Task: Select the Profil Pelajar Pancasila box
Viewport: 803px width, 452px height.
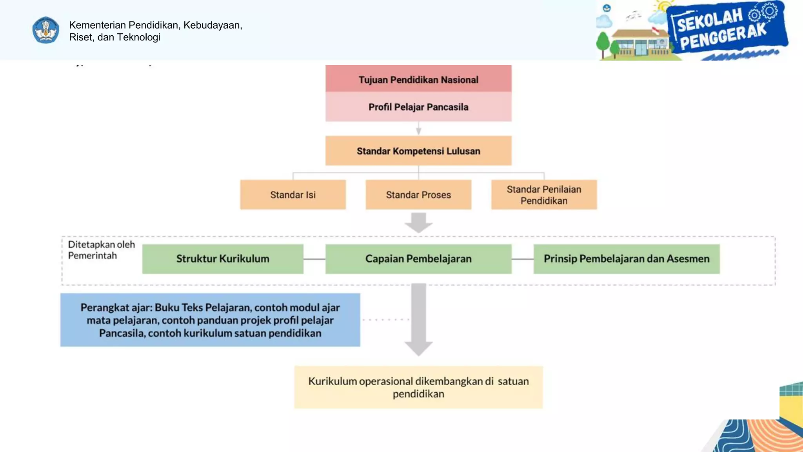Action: [x=418, y=107]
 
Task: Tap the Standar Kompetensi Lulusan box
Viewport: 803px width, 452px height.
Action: [x=418, y=151]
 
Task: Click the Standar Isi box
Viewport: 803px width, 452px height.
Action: [x=292, y=195]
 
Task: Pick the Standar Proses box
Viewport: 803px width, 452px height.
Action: [x=418, y=195]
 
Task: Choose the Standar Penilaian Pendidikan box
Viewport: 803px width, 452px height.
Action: [x=543, y=195]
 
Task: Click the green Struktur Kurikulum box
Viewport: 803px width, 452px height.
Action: [x=222, y=259]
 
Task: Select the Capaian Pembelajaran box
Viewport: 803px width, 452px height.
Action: [x=418, y=259]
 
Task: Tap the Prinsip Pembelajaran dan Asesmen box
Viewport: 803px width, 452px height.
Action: [x=626, y=259]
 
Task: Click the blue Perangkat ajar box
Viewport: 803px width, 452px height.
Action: [x=210, y=320]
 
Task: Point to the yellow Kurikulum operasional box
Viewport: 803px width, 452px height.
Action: [x=418, y=387]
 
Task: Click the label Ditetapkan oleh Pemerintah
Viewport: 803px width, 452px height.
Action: [x=101, y=250]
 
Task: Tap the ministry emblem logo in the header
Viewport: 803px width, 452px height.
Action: [x=46, y=30]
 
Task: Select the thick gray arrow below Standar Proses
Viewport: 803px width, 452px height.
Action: [x=418, y=222]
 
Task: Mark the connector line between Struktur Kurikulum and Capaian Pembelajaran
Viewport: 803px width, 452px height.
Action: [x=314, y=259]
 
